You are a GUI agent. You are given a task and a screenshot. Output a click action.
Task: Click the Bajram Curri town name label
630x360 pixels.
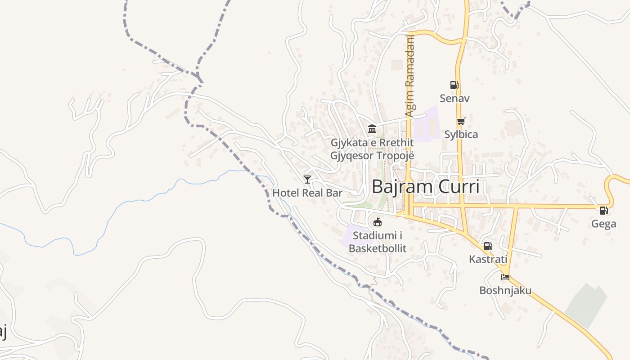[x=426, y=186]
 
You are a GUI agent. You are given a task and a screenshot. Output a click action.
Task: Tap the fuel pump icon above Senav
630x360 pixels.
[x=454, y=85]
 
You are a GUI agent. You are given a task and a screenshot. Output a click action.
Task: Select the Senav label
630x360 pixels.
[x=454, y=98]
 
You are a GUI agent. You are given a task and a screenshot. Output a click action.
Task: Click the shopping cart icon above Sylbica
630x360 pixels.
[x=461, y=121]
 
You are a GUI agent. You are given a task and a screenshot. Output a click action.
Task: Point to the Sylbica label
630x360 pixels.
[x=461, y=134]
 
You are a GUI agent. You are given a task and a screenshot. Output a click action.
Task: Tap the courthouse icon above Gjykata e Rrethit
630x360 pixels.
[x=372, y=130]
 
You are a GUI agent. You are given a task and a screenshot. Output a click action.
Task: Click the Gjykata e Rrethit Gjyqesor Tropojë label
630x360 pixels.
[x=372, y=149]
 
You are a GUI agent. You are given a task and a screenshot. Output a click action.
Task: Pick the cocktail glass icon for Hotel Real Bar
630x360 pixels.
[x=307, y=180]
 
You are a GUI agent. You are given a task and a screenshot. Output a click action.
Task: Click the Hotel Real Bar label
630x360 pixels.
[x=307, y=193]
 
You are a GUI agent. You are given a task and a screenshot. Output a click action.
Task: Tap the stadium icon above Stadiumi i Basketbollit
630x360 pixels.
[x=378, y=222]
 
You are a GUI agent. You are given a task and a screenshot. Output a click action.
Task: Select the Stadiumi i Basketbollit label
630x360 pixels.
[x=378, y=242]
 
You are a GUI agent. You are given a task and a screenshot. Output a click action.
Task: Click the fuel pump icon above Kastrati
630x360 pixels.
[x=488, y=246]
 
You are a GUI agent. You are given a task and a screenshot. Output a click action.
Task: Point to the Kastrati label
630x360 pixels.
[x=488, y=259]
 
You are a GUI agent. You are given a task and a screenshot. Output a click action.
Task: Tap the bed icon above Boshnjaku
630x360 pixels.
[x=505, y=277]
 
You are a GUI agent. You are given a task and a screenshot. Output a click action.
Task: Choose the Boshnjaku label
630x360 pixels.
[x=505, y=290]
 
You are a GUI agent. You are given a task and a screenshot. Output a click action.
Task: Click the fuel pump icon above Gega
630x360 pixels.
[x=603, y=210]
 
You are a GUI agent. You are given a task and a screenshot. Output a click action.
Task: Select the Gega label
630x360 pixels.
[x=603, y=224]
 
